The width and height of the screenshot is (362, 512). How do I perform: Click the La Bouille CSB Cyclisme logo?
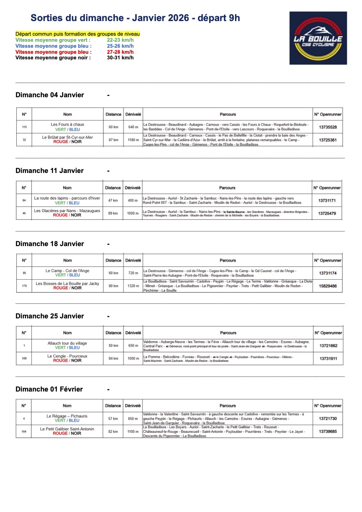[x=318, y=38]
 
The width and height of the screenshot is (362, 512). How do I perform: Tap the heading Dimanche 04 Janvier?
[x=50, y=95]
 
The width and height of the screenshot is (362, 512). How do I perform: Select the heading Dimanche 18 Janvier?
[x=50, y=244]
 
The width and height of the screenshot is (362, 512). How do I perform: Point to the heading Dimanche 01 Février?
[x=49, y=389]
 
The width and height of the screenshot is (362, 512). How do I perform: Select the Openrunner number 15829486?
[x=328, y=286]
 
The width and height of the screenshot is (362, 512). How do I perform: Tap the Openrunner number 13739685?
[x=328, y=431]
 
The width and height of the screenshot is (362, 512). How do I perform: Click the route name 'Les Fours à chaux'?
[x=68, y=124]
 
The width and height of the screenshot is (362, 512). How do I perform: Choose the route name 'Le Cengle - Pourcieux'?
[x=68, y=356]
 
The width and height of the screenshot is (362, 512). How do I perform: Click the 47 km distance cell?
[x=113, y=200]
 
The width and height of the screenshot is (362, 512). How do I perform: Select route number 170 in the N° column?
[x=24, y=286]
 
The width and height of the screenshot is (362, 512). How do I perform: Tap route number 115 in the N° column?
[x=24, y=127]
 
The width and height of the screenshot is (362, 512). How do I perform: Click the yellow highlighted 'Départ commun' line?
[x=77, y=34]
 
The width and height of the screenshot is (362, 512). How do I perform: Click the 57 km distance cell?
[x=113, y=419]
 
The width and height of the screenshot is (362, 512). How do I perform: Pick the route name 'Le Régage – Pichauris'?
[x=67, y=416]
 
